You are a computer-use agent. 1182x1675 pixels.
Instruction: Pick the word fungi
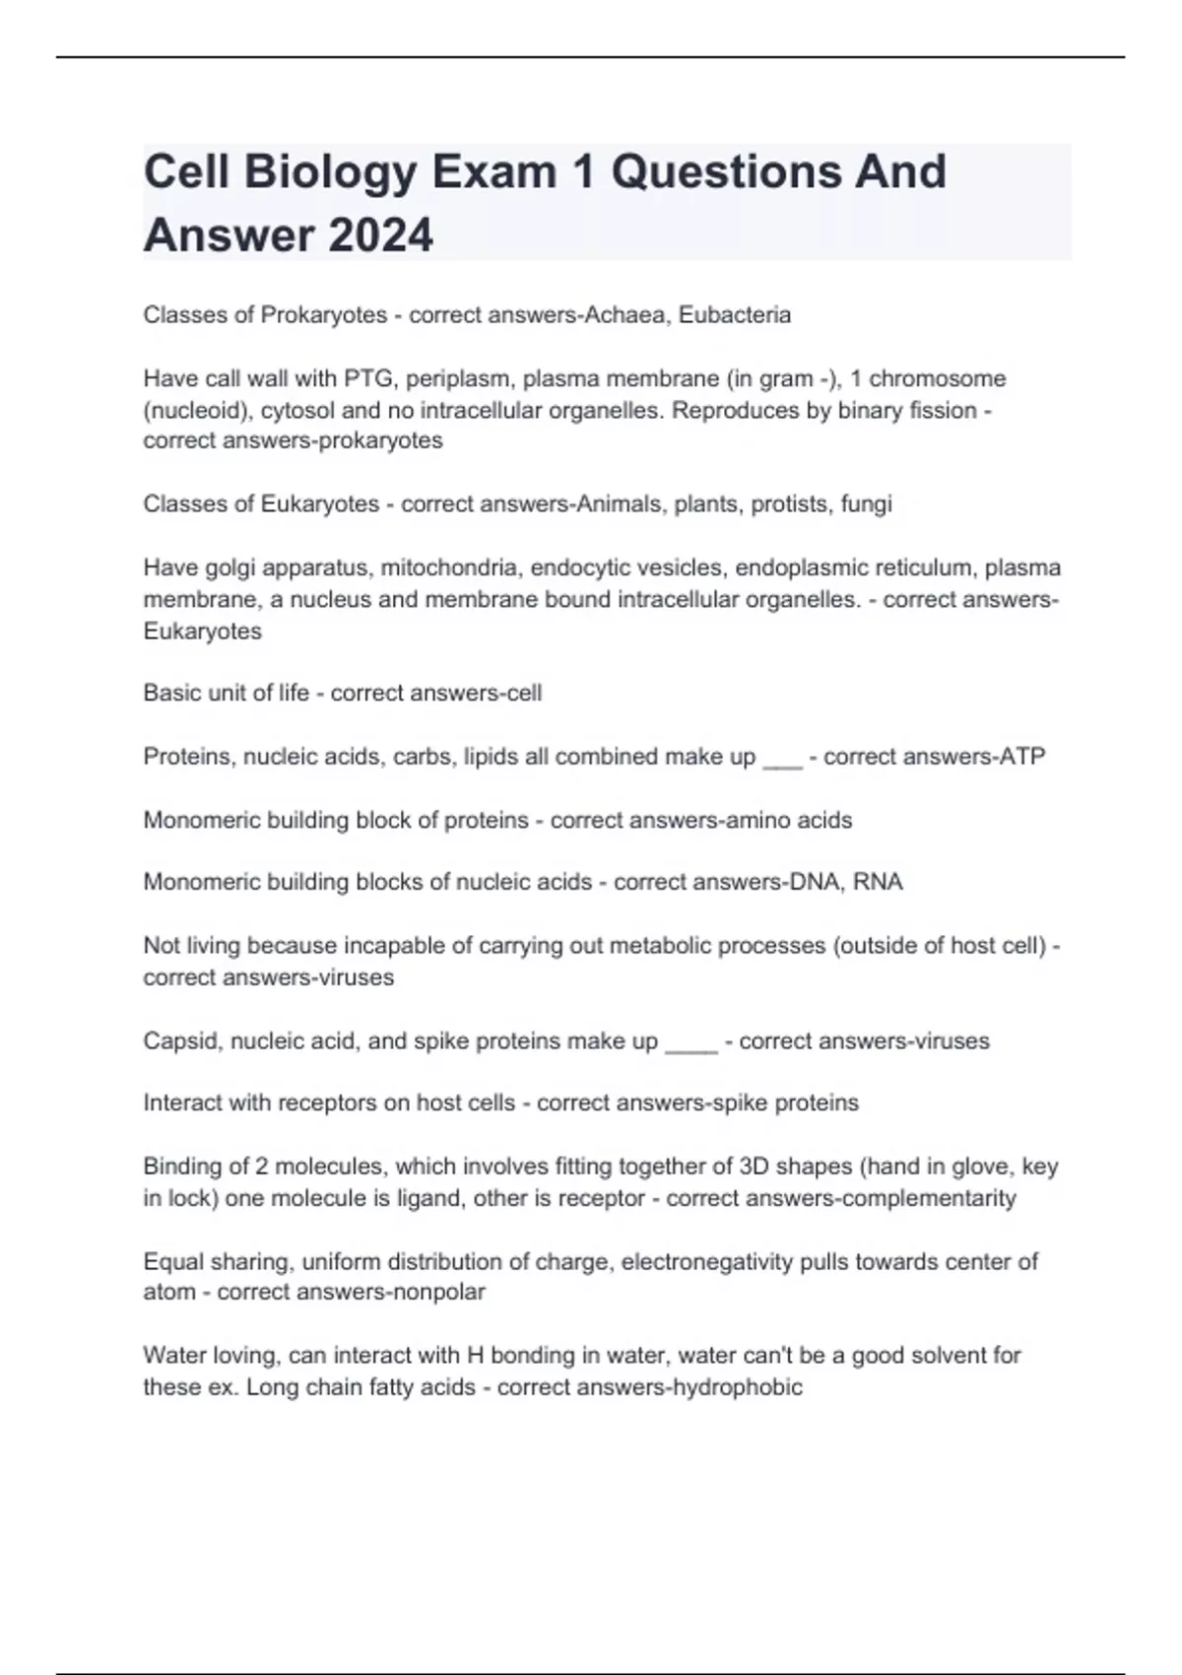point(866,504)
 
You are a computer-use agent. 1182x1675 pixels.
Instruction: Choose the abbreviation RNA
point(878,882)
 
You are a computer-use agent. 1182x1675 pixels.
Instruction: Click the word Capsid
point(182,1041)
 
